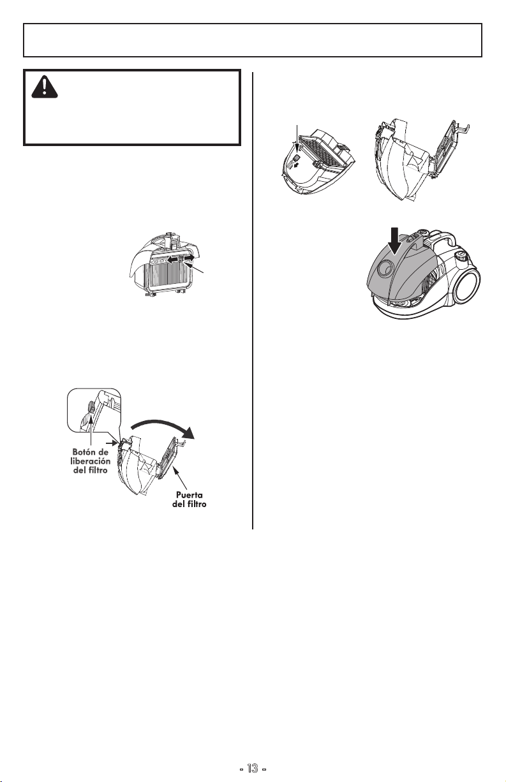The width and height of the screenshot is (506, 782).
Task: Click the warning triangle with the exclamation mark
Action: tap(45, 87)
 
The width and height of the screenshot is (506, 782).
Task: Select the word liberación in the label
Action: tap(91, 461)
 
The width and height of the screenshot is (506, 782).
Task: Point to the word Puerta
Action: tap(190, 495)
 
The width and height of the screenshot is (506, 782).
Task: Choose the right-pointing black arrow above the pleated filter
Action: tap(190, 257)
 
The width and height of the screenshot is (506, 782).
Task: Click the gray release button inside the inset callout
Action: tap(90, 406)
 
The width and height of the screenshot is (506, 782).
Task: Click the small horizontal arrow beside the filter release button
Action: tap(112, 443)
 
